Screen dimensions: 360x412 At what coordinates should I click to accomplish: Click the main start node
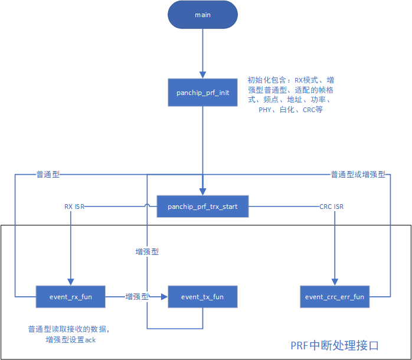202,15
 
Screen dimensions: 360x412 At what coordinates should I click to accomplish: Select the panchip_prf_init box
202,93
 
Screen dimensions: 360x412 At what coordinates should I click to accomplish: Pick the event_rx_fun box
71,297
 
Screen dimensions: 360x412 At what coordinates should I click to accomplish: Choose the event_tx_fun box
202,297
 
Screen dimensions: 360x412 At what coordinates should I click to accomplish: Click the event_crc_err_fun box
335,297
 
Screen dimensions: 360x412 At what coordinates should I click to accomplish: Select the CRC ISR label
331,207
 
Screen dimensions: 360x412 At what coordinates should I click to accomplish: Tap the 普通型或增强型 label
358,175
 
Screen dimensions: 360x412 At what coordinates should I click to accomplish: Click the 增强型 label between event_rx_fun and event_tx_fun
137,297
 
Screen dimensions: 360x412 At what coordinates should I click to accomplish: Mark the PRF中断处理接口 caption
334,345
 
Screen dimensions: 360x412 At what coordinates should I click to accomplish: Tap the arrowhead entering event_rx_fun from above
71,282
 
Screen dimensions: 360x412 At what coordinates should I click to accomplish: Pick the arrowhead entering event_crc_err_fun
335,282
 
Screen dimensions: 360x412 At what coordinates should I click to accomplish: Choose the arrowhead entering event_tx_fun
165,297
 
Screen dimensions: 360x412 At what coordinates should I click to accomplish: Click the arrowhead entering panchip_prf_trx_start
202,191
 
